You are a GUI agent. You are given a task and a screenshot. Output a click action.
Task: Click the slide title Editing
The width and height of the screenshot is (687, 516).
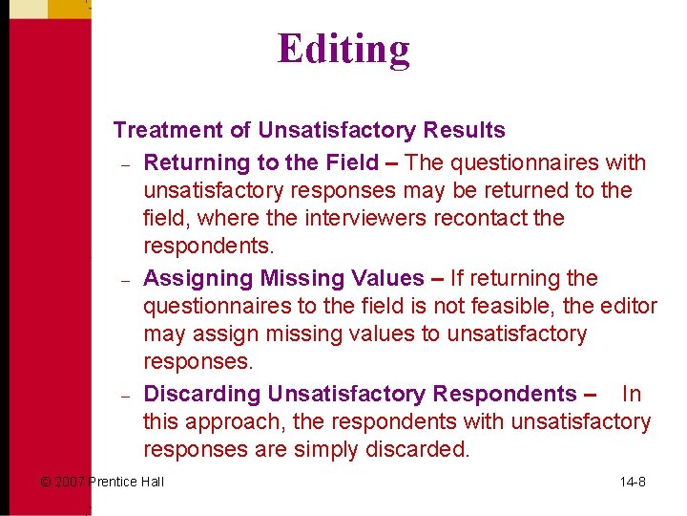pos(343,49)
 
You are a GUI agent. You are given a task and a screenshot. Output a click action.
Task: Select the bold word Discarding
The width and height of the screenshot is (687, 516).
pos(201,394)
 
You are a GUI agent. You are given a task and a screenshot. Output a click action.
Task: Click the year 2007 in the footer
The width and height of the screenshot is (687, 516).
pos(70,482)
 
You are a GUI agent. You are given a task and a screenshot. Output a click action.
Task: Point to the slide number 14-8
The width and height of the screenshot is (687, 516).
pos(633,482)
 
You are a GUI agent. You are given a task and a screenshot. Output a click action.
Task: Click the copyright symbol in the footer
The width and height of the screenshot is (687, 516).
pos(45,482)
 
